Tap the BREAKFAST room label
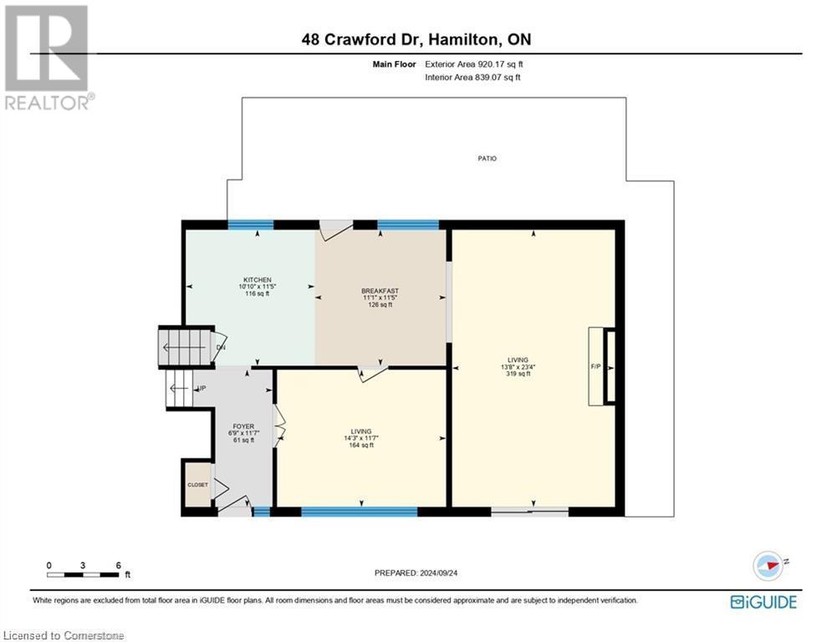[380, 291]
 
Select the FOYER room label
[242, 426]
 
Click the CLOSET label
[197, 484]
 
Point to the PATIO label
[487, 158]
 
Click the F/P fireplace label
[596, 367]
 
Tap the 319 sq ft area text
[518, 374]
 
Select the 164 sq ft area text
[360, 446]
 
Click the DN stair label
[221, 348]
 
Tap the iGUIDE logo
[763, 602]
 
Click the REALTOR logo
[48, 57]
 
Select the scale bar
[83, 574]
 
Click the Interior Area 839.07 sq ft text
[473, 78]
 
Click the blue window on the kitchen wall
[251, 224]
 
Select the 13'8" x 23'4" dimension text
[518, 367]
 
